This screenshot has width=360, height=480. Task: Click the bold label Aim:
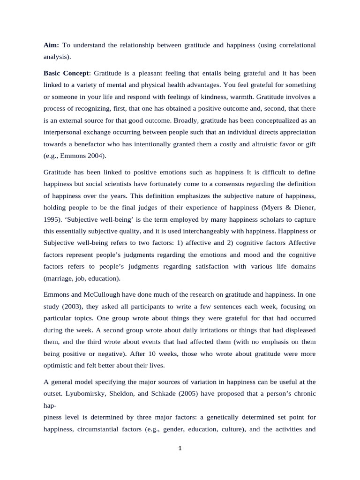pos(51,45)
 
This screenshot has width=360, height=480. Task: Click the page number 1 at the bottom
pos(180,448)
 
